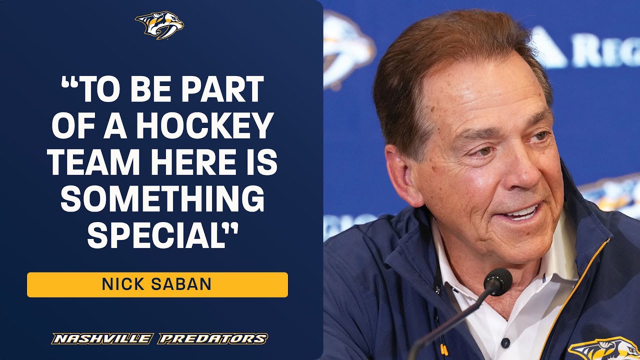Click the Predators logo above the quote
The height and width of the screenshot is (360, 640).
click(x=159, y=25)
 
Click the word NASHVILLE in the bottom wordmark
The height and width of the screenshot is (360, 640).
click(x=101, y=338)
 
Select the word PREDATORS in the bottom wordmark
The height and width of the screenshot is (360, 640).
click(x=212, y=338)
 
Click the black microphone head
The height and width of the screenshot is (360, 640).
click(x=497, y=281)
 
